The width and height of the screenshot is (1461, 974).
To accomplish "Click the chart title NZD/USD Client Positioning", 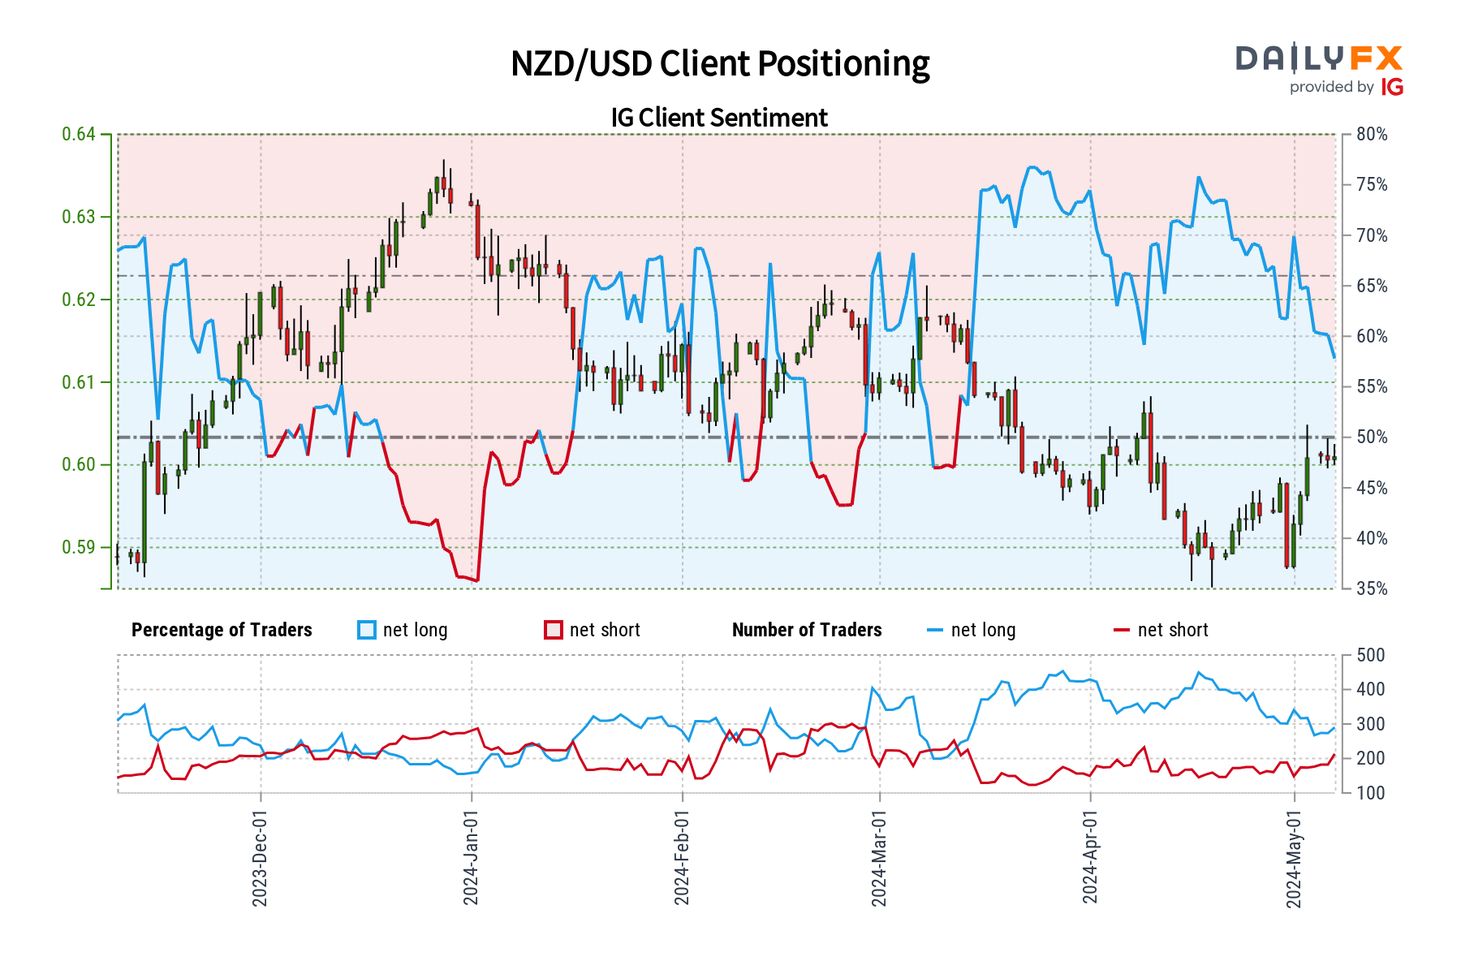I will (x=720, y=64).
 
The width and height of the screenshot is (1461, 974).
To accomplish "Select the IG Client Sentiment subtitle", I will (x=719, y=118).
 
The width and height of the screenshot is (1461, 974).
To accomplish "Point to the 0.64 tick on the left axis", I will (x=79, y=134).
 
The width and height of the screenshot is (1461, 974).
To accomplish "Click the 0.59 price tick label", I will (x=79, y=547).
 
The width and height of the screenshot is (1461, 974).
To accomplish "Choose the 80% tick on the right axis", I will (x=1372, y=135).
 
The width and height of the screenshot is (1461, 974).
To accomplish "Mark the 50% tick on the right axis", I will (x=1372, y=437).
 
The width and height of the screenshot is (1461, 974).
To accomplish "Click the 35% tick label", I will (x=1372, y=588).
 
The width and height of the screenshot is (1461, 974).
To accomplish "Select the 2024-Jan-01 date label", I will (x=471, y=857).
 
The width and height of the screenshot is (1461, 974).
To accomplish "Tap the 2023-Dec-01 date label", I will (x=260, y=857).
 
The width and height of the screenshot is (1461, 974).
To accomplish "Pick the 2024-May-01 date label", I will (x=1294, y=857).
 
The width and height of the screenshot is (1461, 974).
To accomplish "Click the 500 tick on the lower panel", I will (x=1371, y=655).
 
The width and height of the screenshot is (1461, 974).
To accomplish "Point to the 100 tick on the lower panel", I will (x=1371, y=793).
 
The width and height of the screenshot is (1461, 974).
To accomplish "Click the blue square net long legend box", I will (x=367, y=630).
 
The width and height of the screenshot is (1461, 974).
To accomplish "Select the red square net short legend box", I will (x=554, y=630).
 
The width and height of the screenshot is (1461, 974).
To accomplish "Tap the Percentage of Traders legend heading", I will (x=222, y=630).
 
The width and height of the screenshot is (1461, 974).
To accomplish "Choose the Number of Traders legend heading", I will (x=807, y=630).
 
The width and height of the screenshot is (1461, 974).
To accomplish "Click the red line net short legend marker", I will (x=1122, y=630).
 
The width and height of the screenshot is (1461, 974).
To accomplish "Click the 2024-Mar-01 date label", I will (x=879, y=857).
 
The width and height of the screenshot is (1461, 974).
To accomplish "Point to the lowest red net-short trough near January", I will (x=476, y=580).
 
